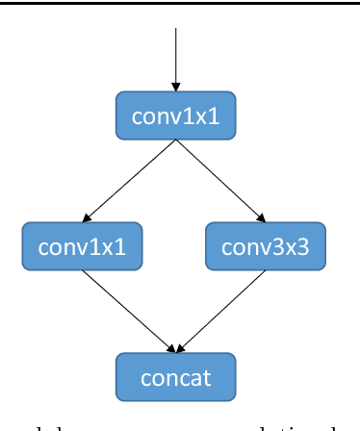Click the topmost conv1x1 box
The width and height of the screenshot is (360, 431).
(175, 116)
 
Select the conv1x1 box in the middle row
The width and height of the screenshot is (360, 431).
(82, 246)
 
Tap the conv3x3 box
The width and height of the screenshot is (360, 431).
(266, 246)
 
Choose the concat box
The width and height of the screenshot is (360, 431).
(175, 376)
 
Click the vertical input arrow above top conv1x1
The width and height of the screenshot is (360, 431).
(175, 58)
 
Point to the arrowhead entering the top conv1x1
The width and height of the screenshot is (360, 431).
(175, 88)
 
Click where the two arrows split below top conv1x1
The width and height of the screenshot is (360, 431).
(175, 142)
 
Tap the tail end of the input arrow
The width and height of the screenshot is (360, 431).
(175, 28)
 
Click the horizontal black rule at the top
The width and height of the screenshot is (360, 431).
(180, 3)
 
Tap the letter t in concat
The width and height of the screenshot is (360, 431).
(207, 376)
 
